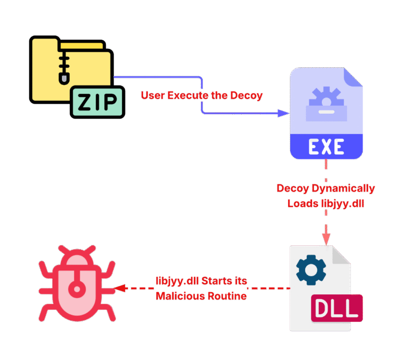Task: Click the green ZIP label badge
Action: click(98, 102)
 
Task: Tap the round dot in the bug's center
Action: click(77, 288)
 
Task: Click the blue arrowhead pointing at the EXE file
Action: click(284, 113)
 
